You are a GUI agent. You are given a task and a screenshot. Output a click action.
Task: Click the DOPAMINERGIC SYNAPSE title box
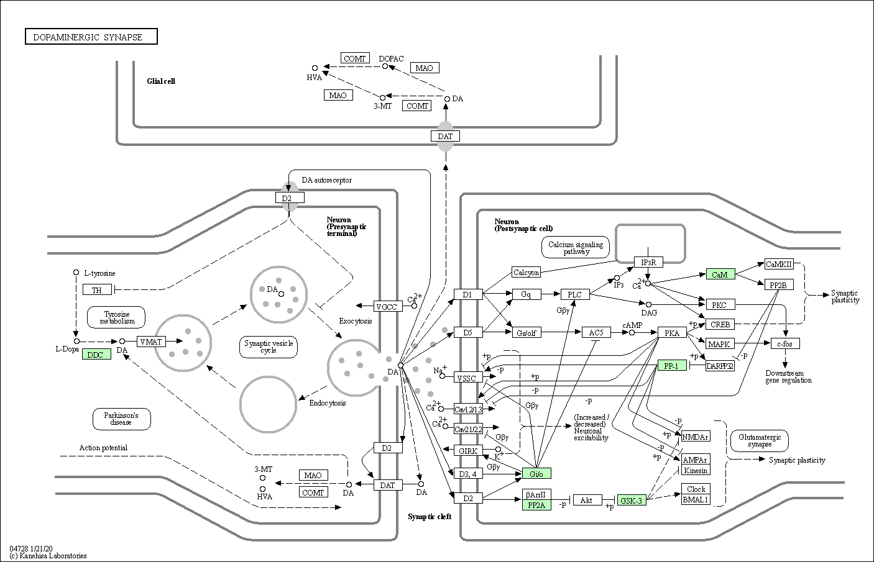pyautogui.click(x=91, y=37)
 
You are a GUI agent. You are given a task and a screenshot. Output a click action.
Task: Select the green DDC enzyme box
pyautogui.click(x=96, y=354)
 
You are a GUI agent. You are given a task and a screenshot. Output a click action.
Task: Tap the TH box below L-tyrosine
pyautogui.click(x=97, y=289)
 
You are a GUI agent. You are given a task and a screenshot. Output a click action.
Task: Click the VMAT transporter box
pyautogui.click(x=151, y=342)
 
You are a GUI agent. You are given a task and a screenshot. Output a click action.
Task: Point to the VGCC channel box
pyautogui.click(x=387, y=306)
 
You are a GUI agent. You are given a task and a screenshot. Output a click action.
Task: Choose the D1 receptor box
pyautogui.click(x=468, y=294)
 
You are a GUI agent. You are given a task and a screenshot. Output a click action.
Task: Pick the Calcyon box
pyautogui.click(x=526, y=272)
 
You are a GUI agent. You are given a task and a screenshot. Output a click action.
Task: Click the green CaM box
pyautogui.click(x=720, y=274)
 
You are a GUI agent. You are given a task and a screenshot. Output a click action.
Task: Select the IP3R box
pyautogui.click(x=648, y=262)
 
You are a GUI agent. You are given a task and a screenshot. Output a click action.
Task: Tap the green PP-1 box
pyautogui.click(x=672, y=365)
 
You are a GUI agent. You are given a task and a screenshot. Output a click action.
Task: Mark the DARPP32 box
pyautogui.click(x=720, y=366)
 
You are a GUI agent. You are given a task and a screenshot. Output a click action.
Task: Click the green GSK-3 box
pyautogui.click(x=632, y=500)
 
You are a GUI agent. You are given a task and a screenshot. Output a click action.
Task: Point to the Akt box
pyautogui.click(x=587, y=500)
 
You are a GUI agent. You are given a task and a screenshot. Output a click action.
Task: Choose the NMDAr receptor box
pyautogui.click(x=696, y=437)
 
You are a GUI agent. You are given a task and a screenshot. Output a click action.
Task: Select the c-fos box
pyautogui.click(x=785, y=343)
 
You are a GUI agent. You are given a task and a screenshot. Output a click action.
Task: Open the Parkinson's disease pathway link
pyautogui.click(x=122, y=419)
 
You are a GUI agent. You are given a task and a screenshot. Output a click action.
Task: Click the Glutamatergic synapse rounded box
pyautogui.click(x=759, y=440)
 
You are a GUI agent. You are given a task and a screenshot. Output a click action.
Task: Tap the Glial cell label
pyautogui.click(x=161, y=81)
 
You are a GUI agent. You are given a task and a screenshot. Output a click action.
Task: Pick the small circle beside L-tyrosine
pyautogui.click(x=76, y=273)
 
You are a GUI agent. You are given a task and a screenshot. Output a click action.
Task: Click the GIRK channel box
pyautogui.click(x=468, y=451)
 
